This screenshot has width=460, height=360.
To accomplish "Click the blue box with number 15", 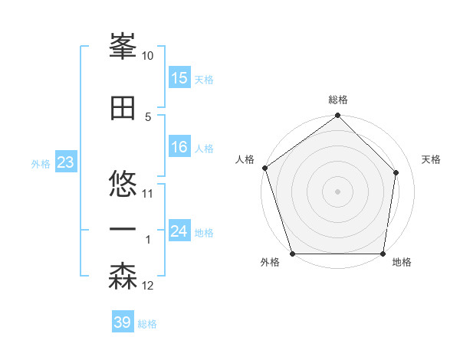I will point(179,78).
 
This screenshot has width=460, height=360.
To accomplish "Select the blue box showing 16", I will point(179,147).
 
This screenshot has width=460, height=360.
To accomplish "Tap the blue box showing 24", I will point(179,231).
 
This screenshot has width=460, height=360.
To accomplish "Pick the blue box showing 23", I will point(65,162).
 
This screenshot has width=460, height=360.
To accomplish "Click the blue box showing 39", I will point(123,322).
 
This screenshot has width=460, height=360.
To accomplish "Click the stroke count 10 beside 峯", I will point(148,56).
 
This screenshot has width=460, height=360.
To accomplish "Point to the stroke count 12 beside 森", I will point(148,286).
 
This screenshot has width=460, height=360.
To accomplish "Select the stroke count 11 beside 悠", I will point(148,194).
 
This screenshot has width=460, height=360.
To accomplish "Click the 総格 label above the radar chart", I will point(338,100).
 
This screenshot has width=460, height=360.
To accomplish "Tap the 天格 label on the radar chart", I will point(432,159).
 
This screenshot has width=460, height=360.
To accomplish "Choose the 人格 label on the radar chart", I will point(245,159).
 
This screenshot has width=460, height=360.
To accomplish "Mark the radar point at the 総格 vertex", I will point(338,116).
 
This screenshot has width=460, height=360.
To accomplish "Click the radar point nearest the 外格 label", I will point(292,254).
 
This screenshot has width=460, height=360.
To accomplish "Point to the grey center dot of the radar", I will point(338,191).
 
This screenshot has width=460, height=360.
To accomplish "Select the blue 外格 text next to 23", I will point(41,163).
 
